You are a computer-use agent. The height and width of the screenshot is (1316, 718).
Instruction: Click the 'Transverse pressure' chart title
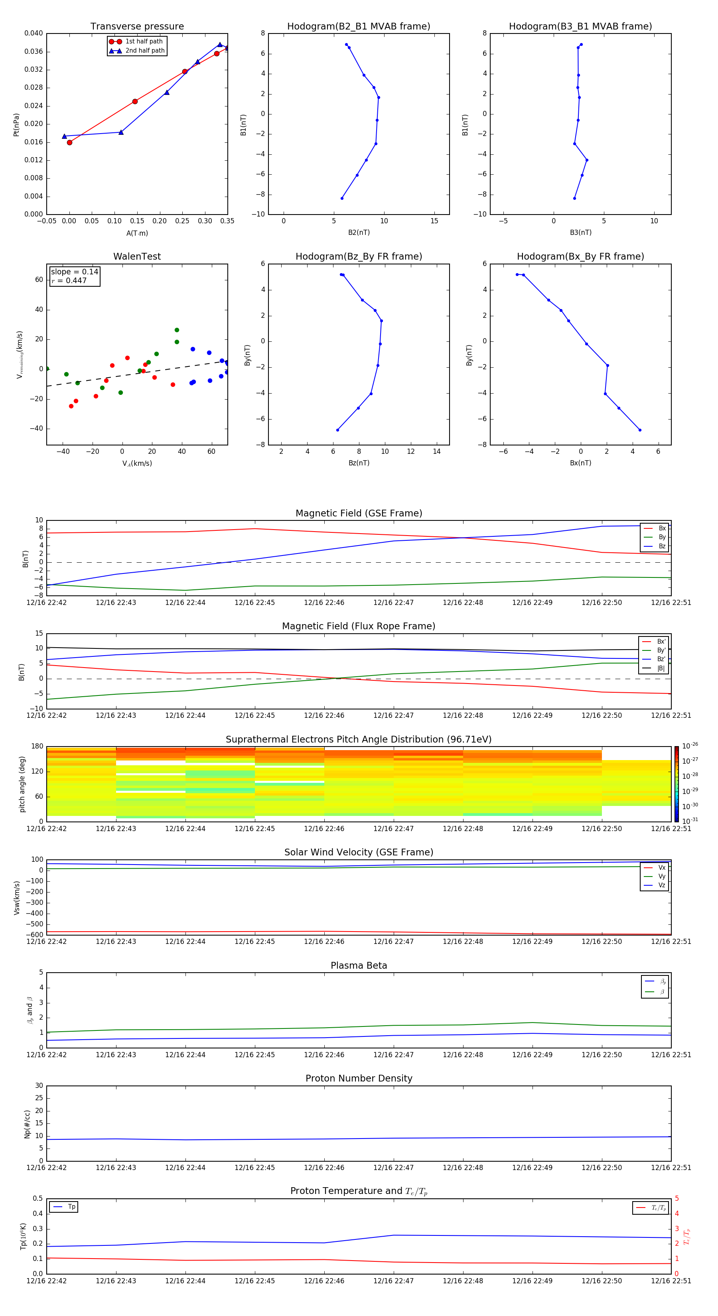pyautogui.click(x=137, y=27)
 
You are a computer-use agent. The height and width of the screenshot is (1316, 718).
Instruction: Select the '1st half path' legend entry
pyautogui.click(x=144, y=41)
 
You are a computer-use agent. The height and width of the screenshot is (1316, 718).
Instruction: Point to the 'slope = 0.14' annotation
pyautogui.click(x=74, y=272)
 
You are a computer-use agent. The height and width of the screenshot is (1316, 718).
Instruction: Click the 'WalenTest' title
pyautogui.click(x=137, y=256)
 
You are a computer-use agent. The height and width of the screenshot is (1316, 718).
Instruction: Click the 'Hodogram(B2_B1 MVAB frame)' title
pyautogui.click(x=358, y=27)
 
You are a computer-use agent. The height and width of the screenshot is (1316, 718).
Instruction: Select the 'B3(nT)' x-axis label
pyautogui.click(x=580, y=232)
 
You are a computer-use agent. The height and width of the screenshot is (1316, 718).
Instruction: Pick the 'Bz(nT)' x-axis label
pyautogui.click(x=359, y=463)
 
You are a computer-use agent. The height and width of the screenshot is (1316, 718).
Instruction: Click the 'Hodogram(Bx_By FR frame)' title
pyautogui.click(x=580, y=256)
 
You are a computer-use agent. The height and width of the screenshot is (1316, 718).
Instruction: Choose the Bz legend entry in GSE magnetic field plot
pyautogui.click(x=661, y=546)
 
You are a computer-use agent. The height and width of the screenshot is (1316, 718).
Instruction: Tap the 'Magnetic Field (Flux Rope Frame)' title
pyautogui.click(x=358, y=626)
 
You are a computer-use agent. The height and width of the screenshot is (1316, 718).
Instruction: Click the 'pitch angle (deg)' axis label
pyautogui.click(x=22, y=784)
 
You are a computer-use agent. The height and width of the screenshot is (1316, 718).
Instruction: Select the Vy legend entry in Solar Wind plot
pyautogui.click(x=661, y=876)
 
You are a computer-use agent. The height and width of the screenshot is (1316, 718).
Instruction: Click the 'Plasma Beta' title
pyautogui.click(x=358, y=965)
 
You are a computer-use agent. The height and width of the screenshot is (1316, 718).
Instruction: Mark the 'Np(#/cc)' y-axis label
pyautogui.click(x=27, y=1124)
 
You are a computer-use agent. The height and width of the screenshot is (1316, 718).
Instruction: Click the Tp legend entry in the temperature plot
pyautogui.click(x=71, y=1207)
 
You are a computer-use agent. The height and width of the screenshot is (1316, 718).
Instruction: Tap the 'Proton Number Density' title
pyautogui.click(x=358, y=1078)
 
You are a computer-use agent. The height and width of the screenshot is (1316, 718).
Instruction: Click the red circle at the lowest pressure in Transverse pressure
pyautogui.click(x=69, y=142)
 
